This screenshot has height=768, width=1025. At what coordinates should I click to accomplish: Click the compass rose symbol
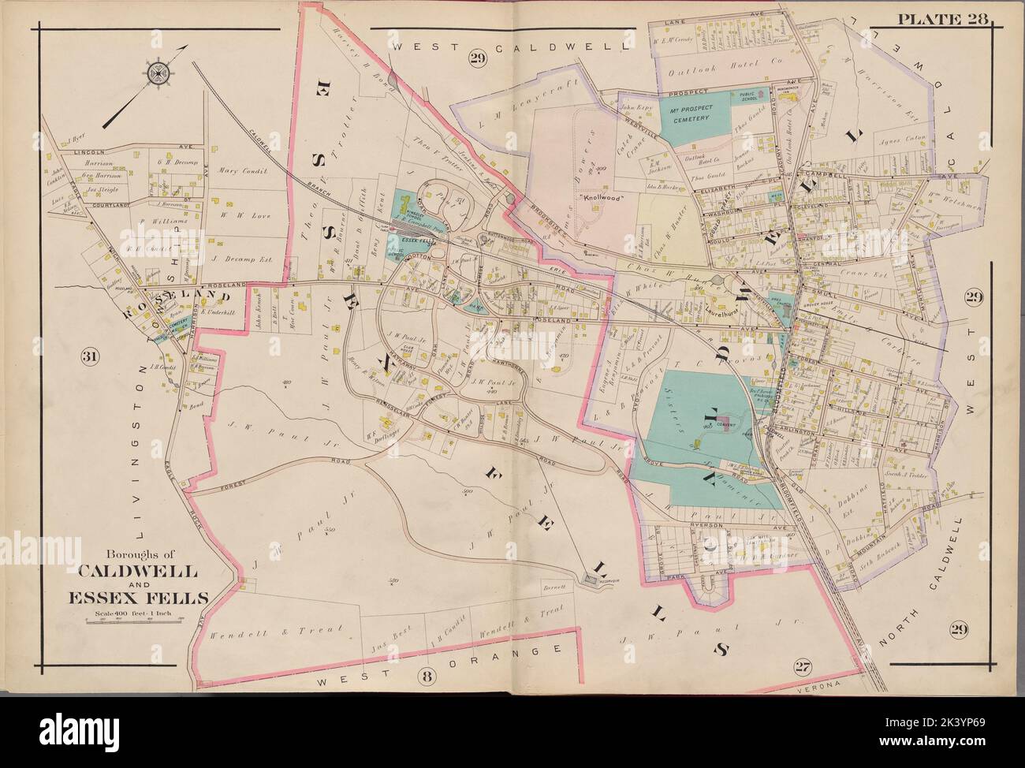(x=159, y=73)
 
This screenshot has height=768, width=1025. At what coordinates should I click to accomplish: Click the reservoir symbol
(x=590, y=581)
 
